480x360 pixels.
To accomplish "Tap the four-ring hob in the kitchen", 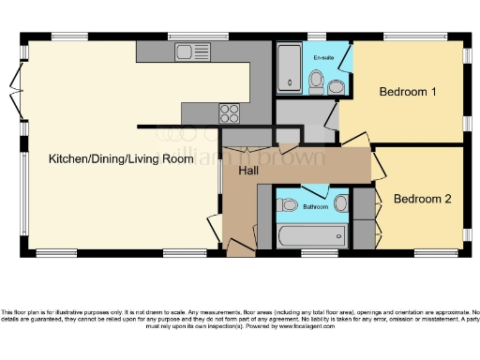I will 230,113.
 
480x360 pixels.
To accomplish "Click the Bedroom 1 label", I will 407,92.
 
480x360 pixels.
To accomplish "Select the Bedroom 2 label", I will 422,199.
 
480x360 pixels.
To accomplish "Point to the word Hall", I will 249,172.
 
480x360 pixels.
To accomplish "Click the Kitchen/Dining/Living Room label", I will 121,158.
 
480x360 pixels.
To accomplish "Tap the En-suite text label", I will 323,58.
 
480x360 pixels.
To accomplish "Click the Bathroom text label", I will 314,205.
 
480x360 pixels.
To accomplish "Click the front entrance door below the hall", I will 242,247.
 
